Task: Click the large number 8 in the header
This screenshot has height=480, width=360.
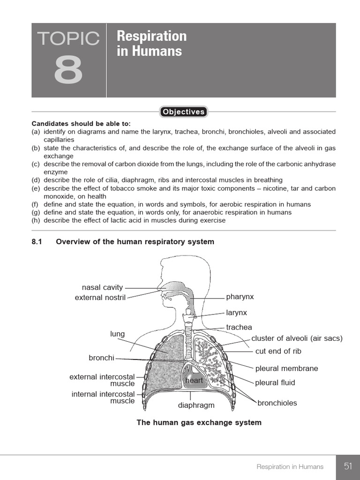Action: click(x=68, y=70)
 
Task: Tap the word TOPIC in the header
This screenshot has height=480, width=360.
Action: click(x=68, y=39)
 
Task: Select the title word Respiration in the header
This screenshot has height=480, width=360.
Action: click(x=151, y=36)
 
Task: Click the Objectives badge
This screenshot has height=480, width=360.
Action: click(x=183, y=112)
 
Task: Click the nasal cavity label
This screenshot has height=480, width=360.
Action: click(x=102, y=287)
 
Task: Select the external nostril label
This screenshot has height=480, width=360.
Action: click(x=100, y=298)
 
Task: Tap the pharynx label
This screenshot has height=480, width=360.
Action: click(x=240, y=297)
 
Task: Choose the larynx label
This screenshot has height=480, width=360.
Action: click(x=236, y=313)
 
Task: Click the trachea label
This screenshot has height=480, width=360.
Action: click(x=239, y=327)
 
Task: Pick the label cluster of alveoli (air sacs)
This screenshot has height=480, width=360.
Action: click(x=297, y=338)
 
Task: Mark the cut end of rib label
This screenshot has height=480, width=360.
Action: click(x=278, y=351)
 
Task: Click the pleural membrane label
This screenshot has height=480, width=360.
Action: click(x=286, y=368)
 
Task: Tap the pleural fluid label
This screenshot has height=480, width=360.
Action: click(x=275, y=382)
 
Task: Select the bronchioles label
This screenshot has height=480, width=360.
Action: click(x=277, y=403)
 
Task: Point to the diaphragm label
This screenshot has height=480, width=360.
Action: click(x=196, y=405)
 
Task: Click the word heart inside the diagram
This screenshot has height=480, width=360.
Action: click(x=194, y=380)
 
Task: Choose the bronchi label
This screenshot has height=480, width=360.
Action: click(x=101, y=358)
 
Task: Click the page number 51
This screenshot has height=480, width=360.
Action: click(x=348, y=466)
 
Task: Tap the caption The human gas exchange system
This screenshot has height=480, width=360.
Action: click(x=199, y=422)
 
